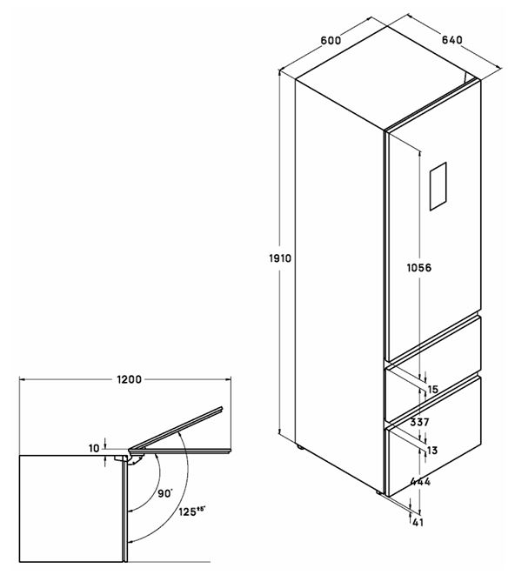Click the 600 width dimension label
(331, 40)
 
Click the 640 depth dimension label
(451, 40)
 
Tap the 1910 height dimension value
(280, 258)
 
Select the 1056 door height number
(419, 268)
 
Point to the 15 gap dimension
(433, 390)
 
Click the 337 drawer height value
(419, 422)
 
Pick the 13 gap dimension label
(433, 450)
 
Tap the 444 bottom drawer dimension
(420, 481)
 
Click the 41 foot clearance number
(418, 522)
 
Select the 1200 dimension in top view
(129, 379)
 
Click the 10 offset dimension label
(94, 448)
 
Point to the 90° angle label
(165, 493)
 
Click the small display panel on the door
(438, 186)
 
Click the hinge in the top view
(133, 457)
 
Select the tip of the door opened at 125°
(223, 407)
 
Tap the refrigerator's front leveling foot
(379, 491)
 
